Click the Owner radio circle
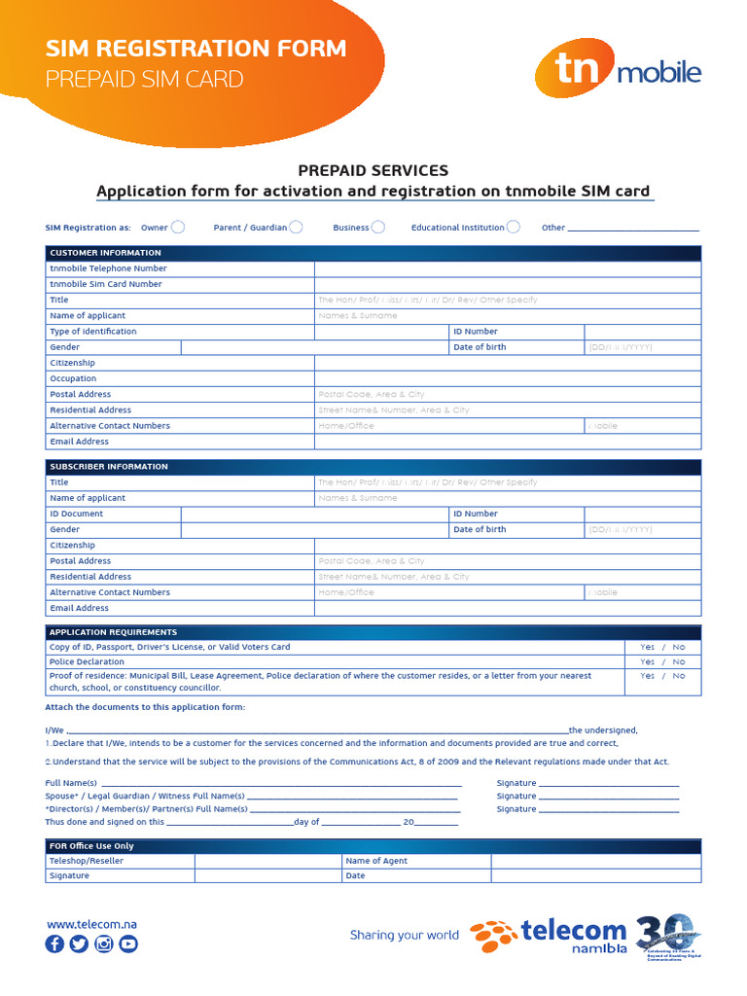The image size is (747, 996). [178, 228]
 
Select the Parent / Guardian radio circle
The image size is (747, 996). [296, 228]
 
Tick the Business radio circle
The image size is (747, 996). [377, 228]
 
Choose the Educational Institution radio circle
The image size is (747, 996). [514, 228]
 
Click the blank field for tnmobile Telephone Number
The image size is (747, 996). [507, 268]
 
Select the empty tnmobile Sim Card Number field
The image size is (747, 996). [507, 284]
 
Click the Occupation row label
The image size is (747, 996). [73, 378]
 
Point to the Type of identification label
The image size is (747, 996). [93, 332]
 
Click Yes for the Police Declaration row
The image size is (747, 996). [647, 661]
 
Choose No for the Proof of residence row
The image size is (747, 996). [679, 676]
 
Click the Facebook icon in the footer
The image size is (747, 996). [54, 943]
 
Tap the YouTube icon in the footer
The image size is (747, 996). [128, 943]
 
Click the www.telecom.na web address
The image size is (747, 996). [91, 924]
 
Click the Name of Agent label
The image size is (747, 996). [376, 861]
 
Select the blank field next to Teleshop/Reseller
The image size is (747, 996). [267, 861]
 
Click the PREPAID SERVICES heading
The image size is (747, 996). [373, 170]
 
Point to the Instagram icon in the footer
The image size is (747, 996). [104, 943]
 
